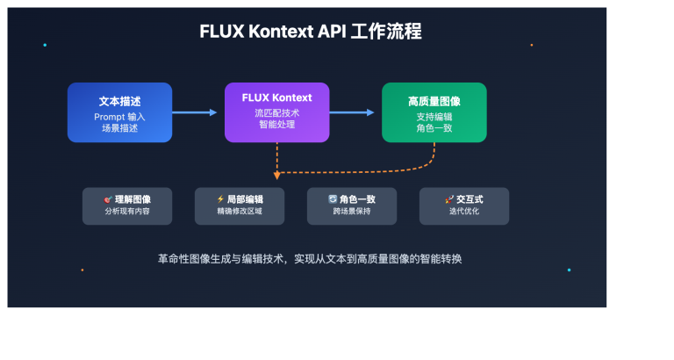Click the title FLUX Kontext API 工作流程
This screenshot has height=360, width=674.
[x=311, y=32]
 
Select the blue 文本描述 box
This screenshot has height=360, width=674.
[x=119, y=112]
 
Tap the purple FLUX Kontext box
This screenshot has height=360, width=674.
[x=276, y=112]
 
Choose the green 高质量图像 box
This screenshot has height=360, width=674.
[x=434, y=112]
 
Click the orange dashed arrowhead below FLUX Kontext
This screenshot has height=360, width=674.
[x=276, y=176]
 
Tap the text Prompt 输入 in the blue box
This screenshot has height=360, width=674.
[x=119, y=117]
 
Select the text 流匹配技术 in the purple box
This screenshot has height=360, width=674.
[x=276, y=113]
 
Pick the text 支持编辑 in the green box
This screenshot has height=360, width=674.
[x=434, y=117]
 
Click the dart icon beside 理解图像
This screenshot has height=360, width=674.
[x=108, y=199]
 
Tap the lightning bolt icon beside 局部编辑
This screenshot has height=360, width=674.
[x=220, y=199]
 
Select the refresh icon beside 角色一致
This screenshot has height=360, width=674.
[x=333, y=199]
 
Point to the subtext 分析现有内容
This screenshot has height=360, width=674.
[x=127, y=212]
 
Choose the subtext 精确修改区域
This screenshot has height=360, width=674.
[x=240, y=212]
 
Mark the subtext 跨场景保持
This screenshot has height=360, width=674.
[x=351, y=212]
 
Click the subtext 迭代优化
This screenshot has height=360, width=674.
[x=463, y=212]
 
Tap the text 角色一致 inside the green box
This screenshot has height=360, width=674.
[x=434, y=129]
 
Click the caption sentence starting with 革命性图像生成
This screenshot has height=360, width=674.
[x=310, y=259]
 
